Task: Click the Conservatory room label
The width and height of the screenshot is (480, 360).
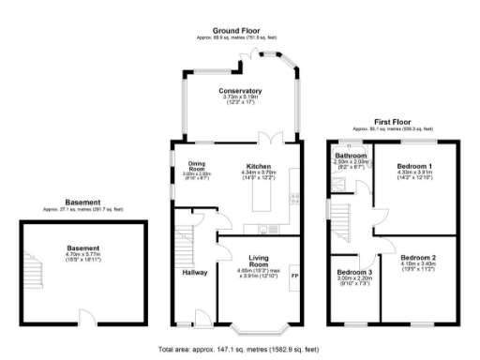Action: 240,91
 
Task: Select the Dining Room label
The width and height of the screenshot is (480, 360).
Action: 196,167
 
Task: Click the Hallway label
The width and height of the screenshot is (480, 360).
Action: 195,273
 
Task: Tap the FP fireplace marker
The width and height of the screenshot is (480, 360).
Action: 294,276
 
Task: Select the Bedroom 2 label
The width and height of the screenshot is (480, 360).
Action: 419,257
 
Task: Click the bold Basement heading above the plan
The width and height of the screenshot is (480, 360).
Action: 83,202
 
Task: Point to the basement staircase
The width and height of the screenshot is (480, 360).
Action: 35,272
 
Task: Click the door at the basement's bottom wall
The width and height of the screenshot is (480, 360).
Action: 85,315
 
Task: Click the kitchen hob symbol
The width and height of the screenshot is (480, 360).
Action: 293,198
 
